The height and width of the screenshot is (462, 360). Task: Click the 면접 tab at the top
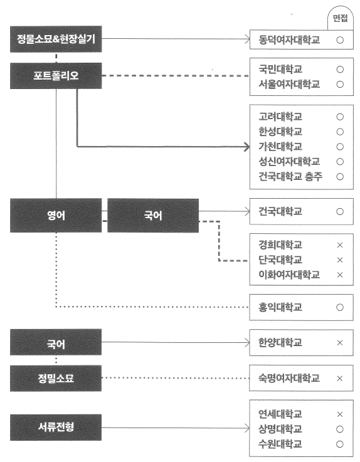[340, 18]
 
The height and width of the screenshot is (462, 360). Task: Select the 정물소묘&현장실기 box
[56, 39]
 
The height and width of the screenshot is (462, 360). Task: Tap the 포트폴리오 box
[56, 76]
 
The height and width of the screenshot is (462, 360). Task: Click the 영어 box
[56, 216]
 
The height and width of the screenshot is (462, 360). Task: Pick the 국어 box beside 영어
[153, 216]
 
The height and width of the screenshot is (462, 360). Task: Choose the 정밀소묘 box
[56, 379]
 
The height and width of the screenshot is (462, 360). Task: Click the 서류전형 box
[56, 428]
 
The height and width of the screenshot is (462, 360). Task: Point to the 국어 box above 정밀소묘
[56, 342]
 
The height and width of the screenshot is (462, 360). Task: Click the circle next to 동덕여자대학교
[340, 40]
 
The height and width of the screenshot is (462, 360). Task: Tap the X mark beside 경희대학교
[340, 245]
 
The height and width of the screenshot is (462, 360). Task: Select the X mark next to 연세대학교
[340, 414]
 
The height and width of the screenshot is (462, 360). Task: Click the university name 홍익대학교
[280, 307]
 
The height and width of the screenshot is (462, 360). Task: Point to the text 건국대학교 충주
[290, 177]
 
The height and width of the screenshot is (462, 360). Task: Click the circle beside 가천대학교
[340, 147]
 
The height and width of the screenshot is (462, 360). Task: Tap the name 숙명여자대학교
[289, 378]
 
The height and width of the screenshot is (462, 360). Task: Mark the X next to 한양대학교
[340, 343]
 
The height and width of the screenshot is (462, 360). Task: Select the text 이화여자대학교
[289, 275]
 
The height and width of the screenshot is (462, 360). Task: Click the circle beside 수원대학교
[340, 444]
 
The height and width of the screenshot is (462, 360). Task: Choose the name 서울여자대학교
[289, 84]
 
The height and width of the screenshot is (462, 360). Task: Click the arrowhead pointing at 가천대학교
[246, 147]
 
